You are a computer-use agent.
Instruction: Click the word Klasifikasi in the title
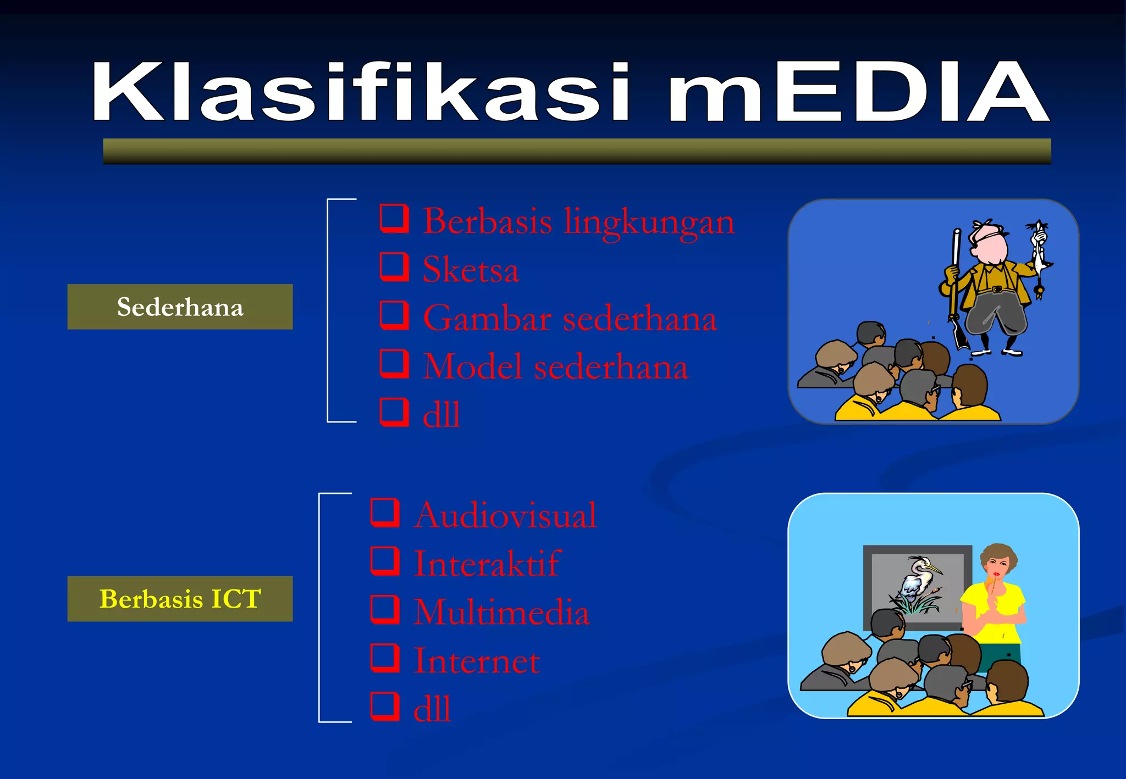pos(360,92)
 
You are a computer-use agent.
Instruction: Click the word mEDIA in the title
pos(858,92)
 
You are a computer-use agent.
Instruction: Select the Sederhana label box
pos(180,307)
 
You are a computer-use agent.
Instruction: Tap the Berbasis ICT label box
pos(180,599)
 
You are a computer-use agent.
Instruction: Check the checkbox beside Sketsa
pos(394,267)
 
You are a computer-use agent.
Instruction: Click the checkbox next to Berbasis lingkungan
pos(394,219)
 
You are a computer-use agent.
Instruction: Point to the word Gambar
pos(487,319)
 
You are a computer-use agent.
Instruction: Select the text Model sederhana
pos(555,367)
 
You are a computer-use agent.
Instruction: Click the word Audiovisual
pos(505,515)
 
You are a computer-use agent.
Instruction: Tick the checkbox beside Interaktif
pos(385,561)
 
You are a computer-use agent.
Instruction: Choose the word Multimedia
pos(501,612)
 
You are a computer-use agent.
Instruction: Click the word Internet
pos(476,660)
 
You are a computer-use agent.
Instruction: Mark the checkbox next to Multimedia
pos(385,609)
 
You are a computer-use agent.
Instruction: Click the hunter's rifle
pos(956,286)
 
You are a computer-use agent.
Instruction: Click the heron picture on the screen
pos(918,585)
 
